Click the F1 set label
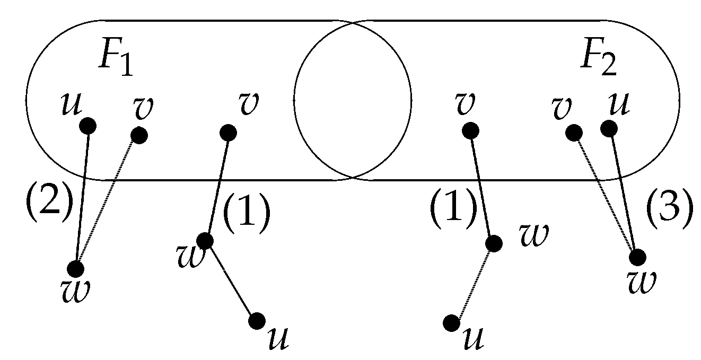coord(117,63)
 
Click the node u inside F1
coord(87,126)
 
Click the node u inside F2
coord(609,128)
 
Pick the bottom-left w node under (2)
coord(77,269)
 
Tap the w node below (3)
coord(637,258)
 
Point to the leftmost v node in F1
coord(139,135)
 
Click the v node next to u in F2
coord(573,132)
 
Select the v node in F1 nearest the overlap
coord(228,131)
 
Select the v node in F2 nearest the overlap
coord(470,130)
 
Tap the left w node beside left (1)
coord(205,241)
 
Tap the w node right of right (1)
coord(494,243)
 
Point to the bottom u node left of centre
coord(257,320)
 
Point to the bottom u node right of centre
coord(452,322)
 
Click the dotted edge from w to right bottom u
coord(472,283)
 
